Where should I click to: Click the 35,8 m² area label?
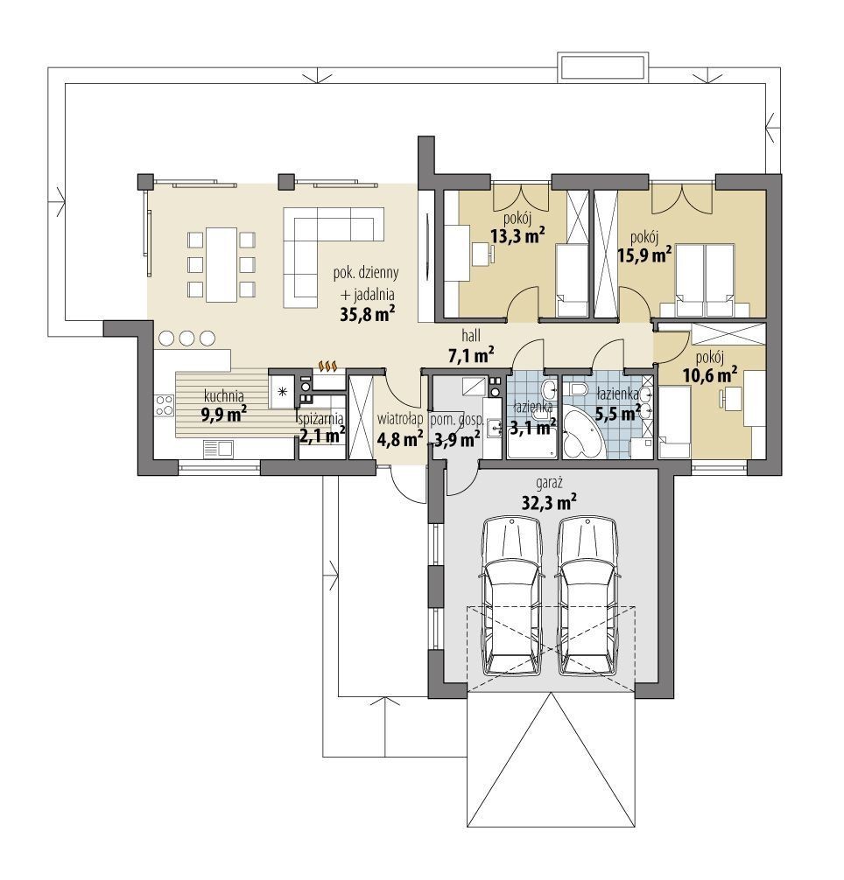point(367,314)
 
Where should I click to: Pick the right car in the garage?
point(588,597)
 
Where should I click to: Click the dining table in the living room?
point(222,264)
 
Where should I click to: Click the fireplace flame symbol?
point(327,366)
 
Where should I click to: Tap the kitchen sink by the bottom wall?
point(218,449)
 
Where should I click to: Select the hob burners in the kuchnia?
point(165,405)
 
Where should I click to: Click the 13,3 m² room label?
point(518,235)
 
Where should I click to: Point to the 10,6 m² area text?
point(710,375)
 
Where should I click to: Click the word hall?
point(470,336)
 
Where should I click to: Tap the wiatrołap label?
point(400,419)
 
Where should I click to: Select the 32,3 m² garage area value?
point(550,502)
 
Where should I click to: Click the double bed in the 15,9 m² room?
point(706,278)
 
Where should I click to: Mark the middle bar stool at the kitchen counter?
point(187,338)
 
